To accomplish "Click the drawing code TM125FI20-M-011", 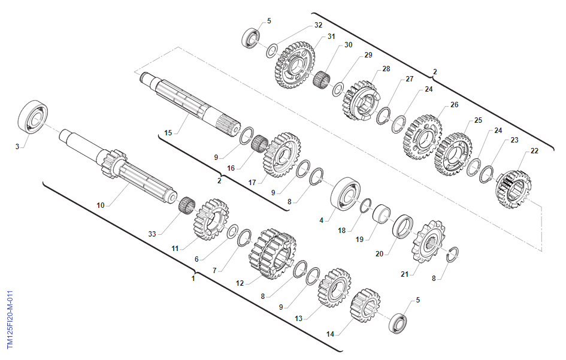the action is point(10,319).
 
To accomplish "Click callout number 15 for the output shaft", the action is point(168,133).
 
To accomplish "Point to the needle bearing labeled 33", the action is point(187,205).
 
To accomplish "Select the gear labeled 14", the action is point(365,305).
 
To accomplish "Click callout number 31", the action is point(331,37).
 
